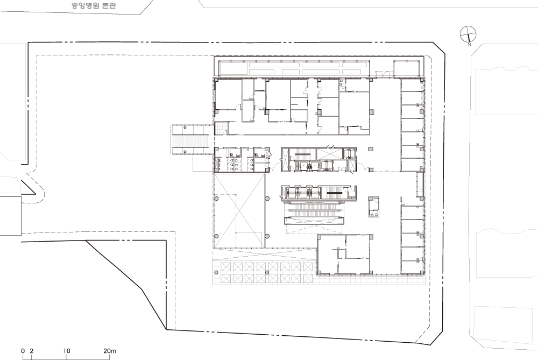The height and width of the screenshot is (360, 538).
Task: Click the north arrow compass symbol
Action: [468, 34]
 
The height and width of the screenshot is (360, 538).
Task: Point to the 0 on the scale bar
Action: [23, 351]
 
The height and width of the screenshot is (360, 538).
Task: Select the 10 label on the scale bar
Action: [67, 351]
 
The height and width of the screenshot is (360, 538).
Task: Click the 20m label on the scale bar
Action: [110, 351]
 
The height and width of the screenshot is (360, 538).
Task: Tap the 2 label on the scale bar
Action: [32, 351]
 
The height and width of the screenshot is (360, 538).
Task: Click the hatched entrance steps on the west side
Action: [192, 140]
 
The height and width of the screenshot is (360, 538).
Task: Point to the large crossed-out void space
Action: [239, 210]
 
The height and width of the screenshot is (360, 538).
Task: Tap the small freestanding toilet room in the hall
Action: [374, 207]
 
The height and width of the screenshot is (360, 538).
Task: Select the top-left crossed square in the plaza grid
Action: [226, 267]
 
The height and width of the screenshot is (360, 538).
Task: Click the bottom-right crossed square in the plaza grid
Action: [307, 278]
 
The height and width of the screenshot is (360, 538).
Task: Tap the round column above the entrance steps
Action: [185, 128]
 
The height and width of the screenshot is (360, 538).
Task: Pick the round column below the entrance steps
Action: [185, 151]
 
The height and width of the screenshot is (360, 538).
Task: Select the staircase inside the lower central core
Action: [335, 193]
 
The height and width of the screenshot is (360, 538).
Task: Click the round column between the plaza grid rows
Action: [267, 272]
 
